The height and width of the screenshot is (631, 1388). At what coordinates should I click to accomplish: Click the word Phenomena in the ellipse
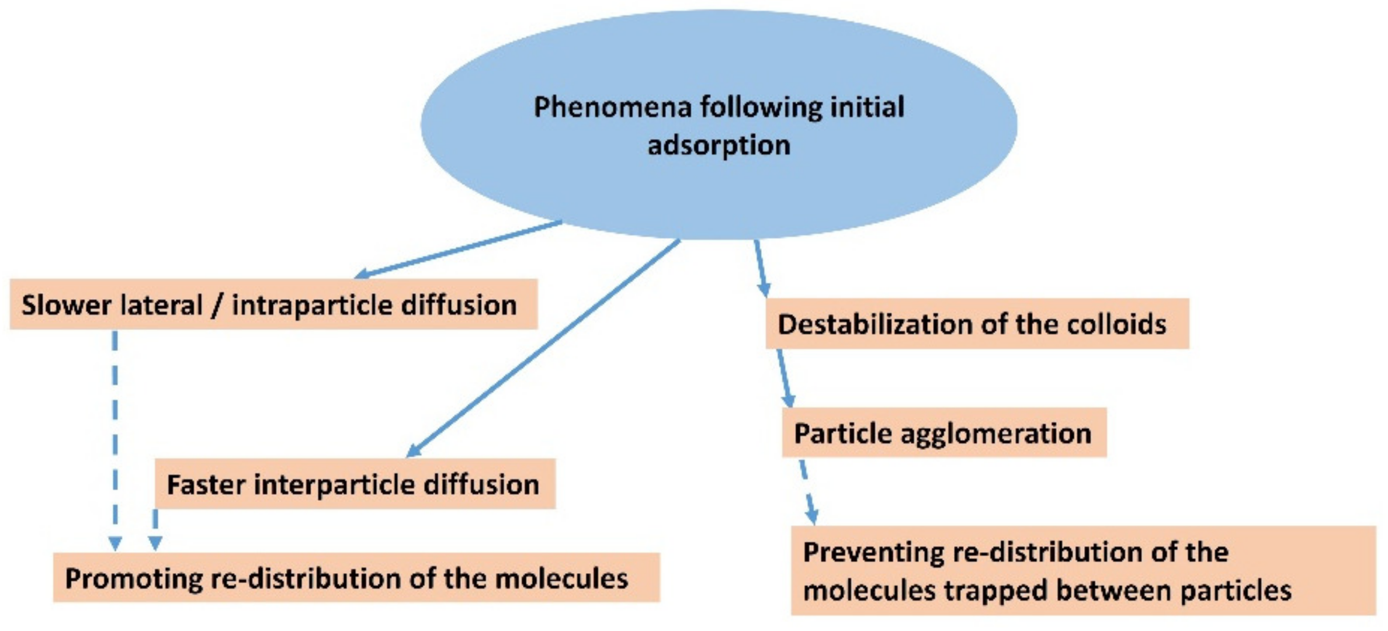pos(612,108)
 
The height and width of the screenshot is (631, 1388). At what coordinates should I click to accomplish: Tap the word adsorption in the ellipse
pos(719,145)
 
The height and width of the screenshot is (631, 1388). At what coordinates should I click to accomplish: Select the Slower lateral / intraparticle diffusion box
pos(273,304)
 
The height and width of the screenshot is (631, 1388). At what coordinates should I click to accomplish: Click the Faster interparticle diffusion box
pos(355,484)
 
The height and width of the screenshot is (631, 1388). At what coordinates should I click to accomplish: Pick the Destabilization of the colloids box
pos(977,324)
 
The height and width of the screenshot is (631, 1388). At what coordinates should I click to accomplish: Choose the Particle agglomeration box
pos(944,433)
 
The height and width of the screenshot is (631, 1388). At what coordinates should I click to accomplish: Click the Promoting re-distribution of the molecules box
pos(356,578)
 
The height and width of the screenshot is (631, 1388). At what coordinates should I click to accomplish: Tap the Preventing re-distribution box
pos(1083,570)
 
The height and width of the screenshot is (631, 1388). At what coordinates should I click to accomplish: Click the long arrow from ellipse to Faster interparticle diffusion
pos(543,348)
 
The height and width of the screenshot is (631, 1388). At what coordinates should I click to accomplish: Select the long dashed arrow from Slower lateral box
pos(115,438)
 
